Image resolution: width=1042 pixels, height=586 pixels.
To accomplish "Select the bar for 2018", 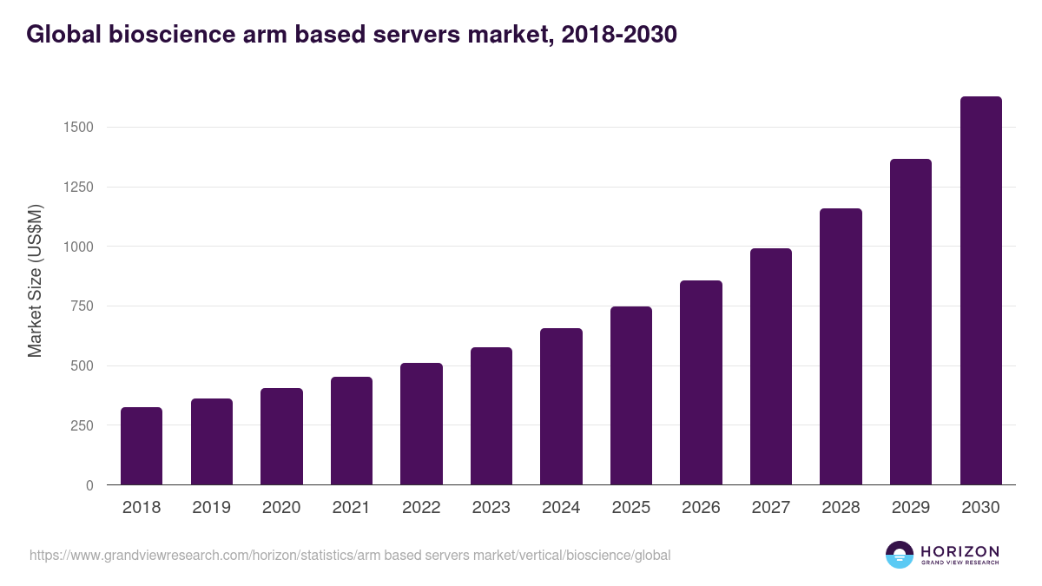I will point(142,446).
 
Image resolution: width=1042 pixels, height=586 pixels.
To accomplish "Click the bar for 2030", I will point(980,291).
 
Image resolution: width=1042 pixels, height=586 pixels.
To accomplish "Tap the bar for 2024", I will point(561,406).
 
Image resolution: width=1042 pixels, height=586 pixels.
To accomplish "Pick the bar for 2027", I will point(771,366).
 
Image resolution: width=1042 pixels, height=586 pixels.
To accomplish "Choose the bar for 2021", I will point(352,431).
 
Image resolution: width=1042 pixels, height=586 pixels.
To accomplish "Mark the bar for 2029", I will point(911,322).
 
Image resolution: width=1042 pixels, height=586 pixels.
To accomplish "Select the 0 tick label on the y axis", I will point(89,485).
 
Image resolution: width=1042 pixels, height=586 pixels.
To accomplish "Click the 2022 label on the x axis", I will point(421,508).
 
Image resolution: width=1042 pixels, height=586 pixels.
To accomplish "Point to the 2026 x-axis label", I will point(701,508).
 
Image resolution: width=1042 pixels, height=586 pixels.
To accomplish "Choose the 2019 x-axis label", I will point(211,508).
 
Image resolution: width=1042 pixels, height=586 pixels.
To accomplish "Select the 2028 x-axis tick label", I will point(841,508).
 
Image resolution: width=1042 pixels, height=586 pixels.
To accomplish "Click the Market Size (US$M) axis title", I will point(35,280).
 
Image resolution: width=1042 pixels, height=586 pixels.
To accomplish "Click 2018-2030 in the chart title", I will point(619,35).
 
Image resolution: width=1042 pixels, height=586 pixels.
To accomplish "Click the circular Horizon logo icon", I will point(900,555).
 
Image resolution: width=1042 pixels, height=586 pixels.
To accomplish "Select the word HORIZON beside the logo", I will point(960,550).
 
